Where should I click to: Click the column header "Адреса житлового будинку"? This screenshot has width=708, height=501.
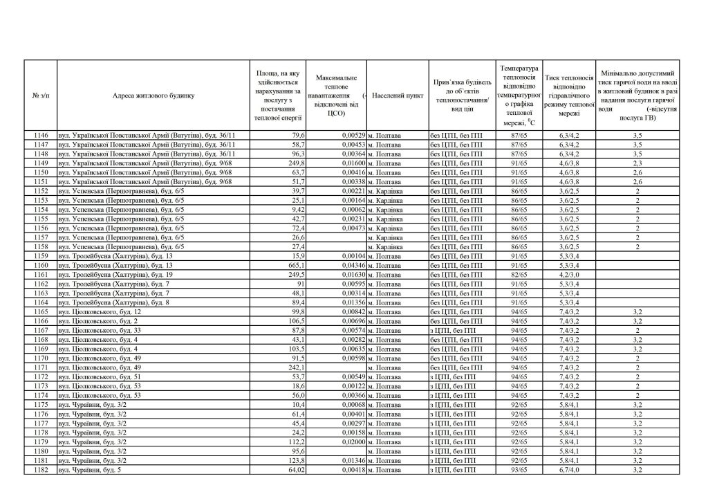154,95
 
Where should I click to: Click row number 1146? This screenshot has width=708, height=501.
41,135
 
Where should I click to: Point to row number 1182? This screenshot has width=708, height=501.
41,470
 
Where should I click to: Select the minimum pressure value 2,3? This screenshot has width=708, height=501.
637,163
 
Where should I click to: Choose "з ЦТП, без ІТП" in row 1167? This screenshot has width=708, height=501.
453,331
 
